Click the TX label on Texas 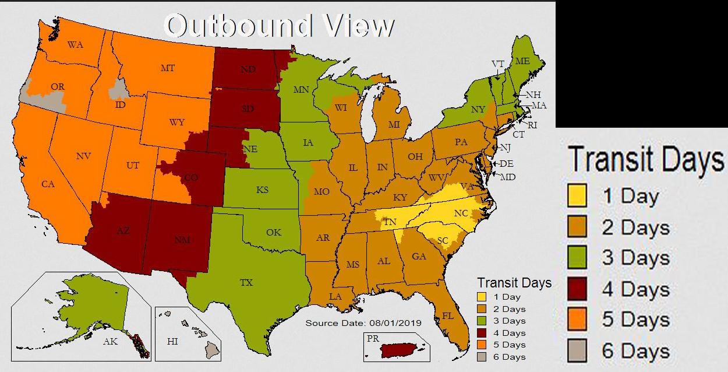tap(246, 283)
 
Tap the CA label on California tap(48, 184)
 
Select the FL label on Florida tap(448, 316)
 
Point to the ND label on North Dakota tap(248, 69)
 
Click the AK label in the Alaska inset tap(110, 342)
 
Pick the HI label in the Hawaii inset tap(172, 342)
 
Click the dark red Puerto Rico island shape tap(402, 350)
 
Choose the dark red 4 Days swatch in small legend tap(482, 333)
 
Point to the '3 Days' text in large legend tap(635, 258)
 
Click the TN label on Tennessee tap(390, 222)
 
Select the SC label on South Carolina tap(443, 240)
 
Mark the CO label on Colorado tap(190, 177)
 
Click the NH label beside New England tap(533, 94)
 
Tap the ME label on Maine tap(522, 61)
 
